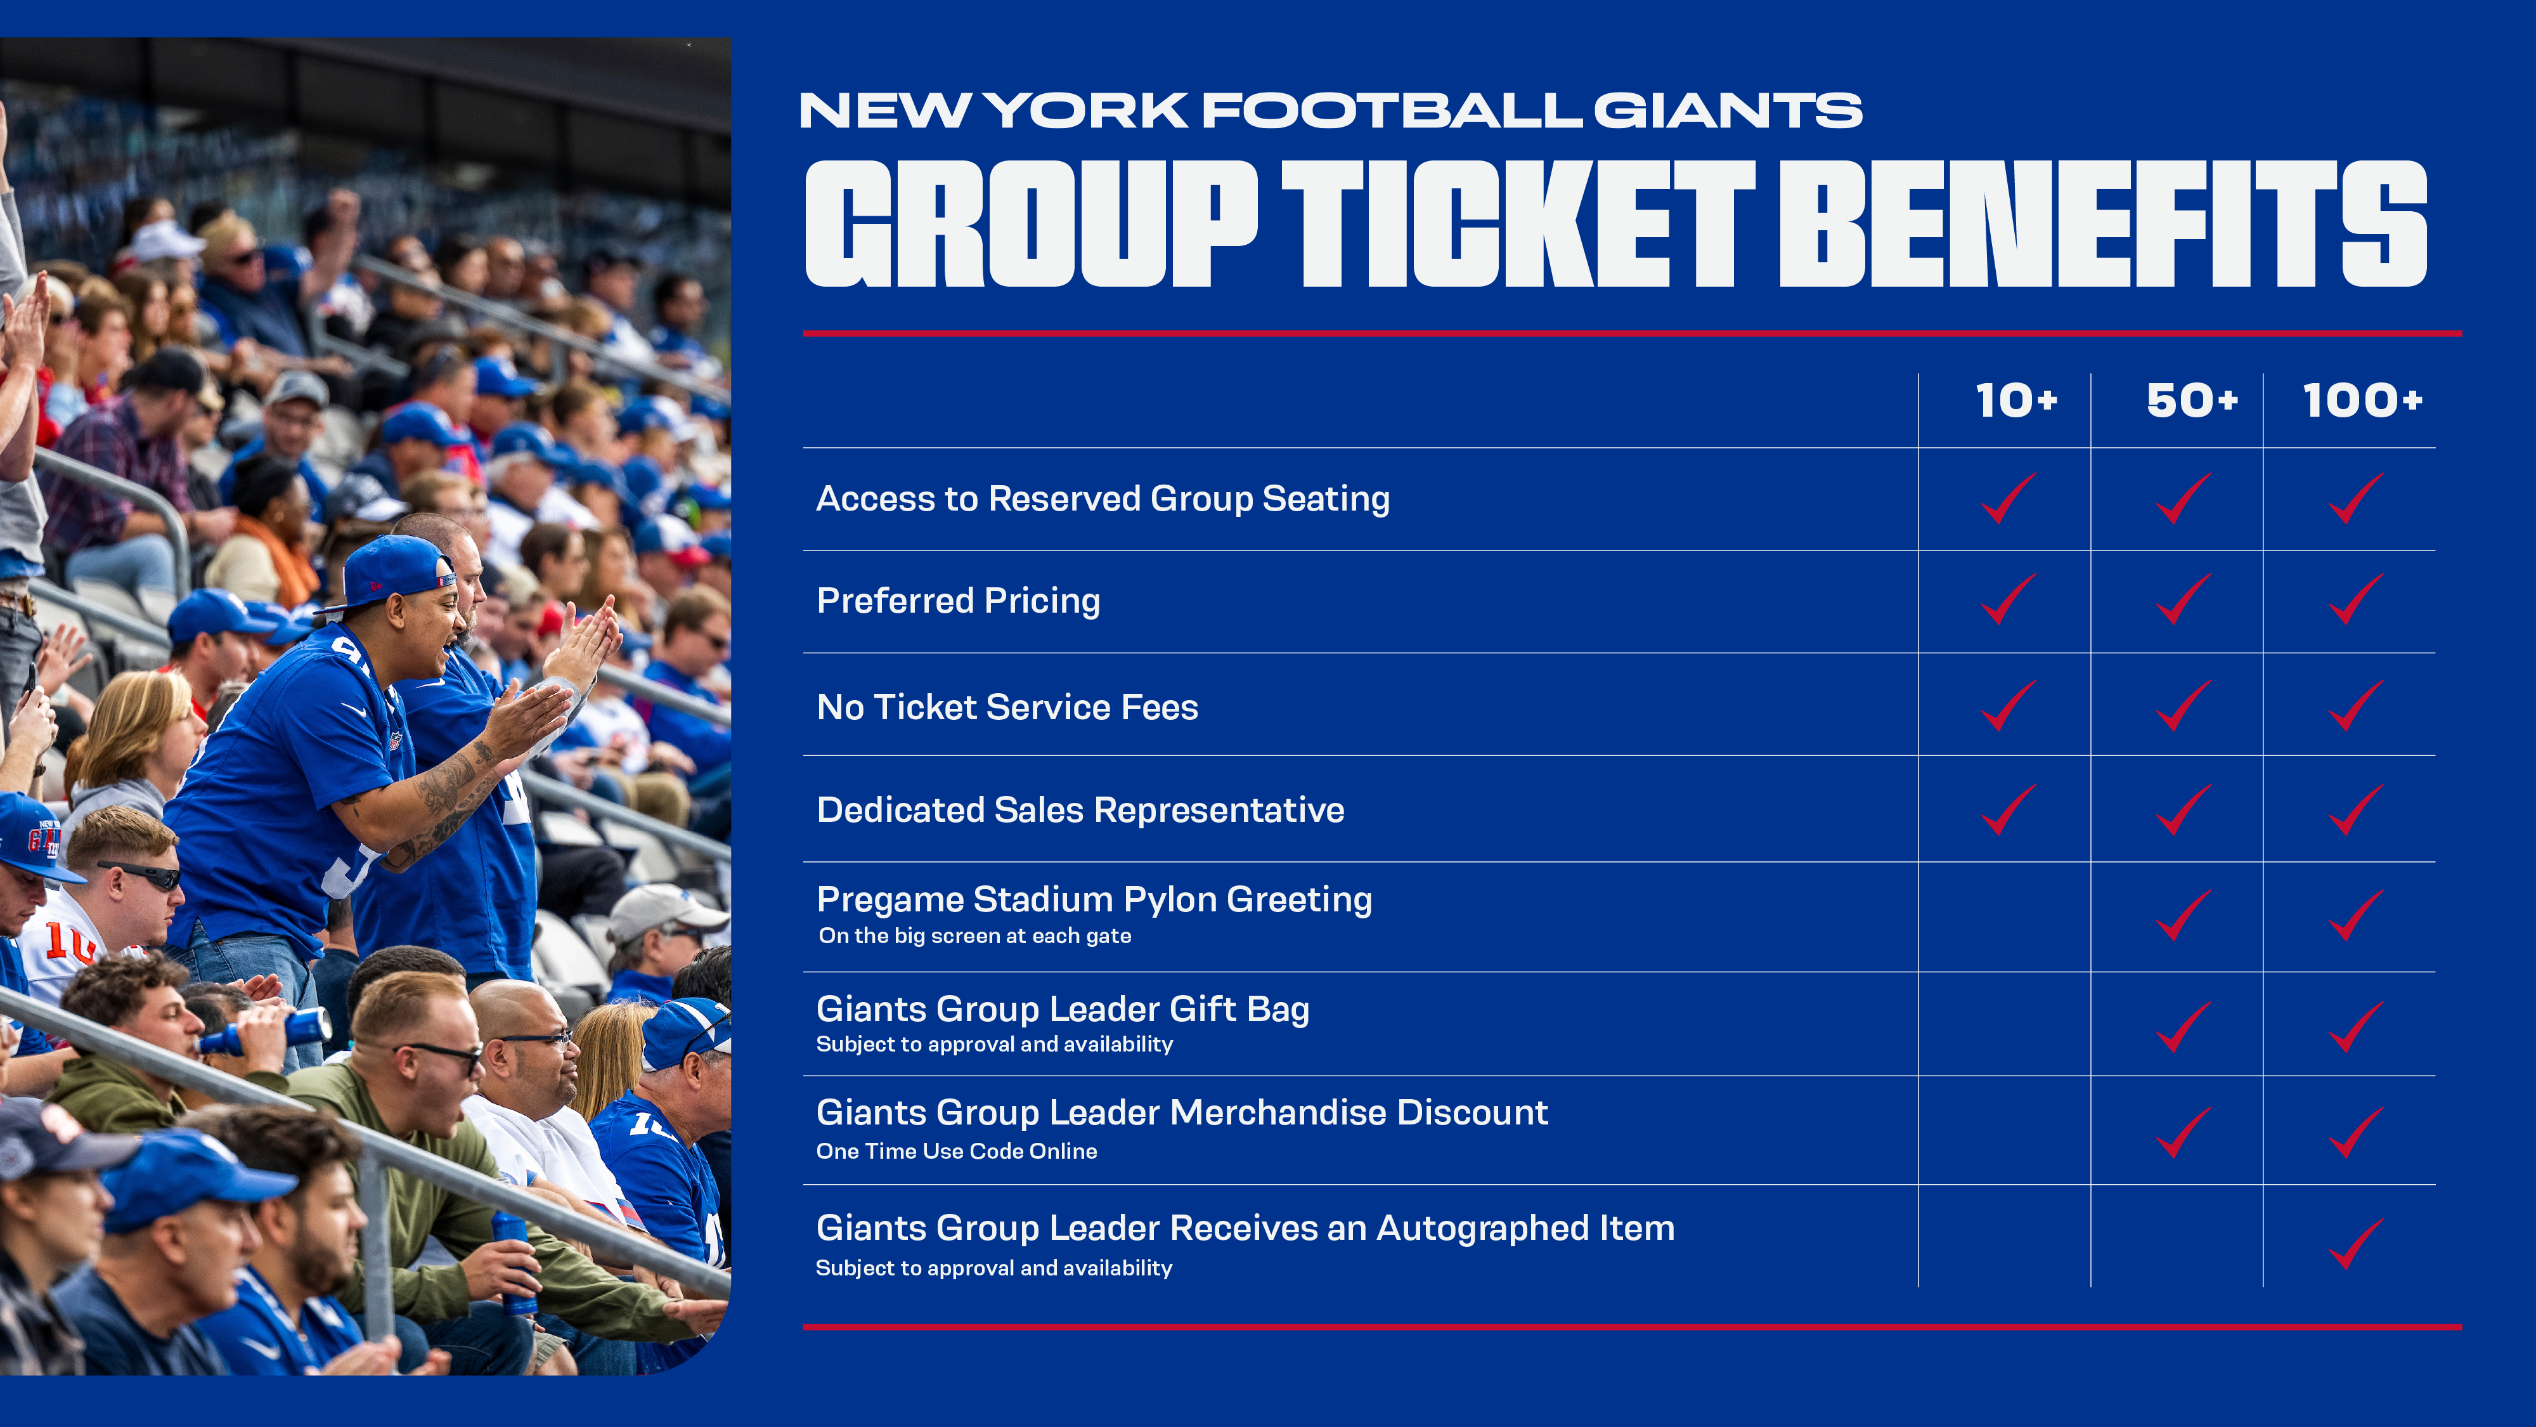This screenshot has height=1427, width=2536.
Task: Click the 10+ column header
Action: [x=2016, y=401]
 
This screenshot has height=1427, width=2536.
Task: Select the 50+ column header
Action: [x=2192, y=401]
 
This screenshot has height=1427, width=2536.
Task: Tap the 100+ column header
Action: [x=2362, y=401]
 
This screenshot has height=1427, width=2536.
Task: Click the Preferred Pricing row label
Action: [x=958, y=601]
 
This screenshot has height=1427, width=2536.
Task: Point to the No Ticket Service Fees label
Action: [x=1007, y=707]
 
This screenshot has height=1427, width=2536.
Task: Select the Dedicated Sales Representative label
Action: [x=1080, y=809]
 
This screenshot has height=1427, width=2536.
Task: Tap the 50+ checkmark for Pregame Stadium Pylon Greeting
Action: [x=2183, y=915]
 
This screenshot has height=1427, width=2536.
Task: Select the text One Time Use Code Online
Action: [x=956, y=1151]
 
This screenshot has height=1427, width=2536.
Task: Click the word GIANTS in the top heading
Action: [x=1728, y=110]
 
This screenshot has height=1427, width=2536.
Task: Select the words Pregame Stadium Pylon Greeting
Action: [x=1094, y=899]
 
